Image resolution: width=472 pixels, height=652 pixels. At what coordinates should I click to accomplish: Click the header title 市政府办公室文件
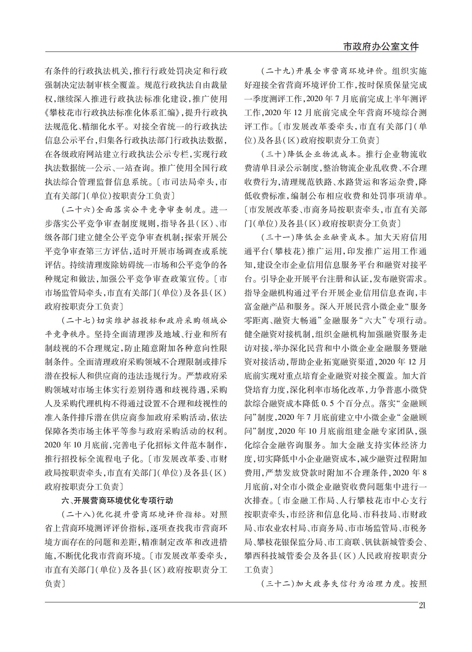point(381,47)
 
